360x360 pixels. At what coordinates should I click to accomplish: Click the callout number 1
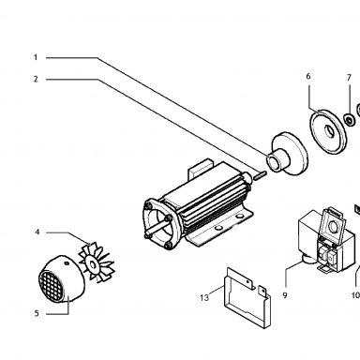pos(36,57)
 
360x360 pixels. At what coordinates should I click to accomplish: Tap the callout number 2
pos(36,80)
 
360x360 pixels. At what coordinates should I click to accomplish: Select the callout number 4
pos(37,232)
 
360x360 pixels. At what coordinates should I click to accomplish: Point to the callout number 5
pos(37,313)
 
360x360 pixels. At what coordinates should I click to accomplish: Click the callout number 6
pos(308,76)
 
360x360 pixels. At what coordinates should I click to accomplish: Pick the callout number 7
pos(349,78)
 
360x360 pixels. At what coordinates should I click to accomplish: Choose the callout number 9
pos(285,295)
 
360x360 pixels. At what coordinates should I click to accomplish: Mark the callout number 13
pos(204,298)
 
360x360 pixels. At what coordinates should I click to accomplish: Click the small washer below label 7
pos(349,119)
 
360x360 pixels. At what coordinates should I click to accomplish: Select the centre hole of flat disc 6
pos(329,131)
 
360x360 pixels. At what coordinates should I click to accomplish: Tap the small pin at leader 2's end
pos(260,175)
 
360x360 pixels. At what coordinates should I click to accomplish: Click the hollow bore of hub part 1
pos(272,162)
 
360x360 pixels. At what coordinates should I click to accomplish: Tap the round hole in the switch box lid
pos(334,227)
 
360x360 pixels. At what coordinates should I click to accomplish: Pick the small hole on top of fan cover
pos(67,263)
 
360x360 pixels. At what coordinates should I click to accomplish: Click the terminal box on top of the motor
pos(200,169)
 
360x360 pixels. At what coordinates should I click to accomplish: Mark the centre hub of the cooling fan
pos(92,264)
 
